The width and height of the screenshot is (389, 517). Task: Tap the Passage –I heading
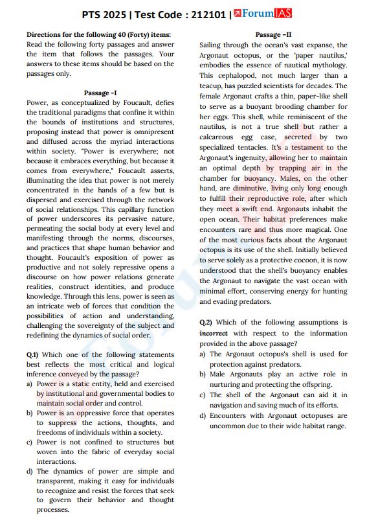point(100,93)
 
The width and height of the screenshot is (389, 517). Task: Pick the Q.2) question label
point(206,322)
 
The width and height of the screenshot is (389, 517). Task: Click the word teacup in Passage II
point(214,86)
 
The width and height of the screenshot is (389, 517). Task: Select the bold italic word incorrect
point(213,332)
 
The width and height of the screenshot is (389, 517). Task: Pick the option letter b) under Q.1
point(30,413)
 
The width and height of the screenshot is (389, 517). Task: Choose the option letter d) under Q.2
point(203,415)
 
